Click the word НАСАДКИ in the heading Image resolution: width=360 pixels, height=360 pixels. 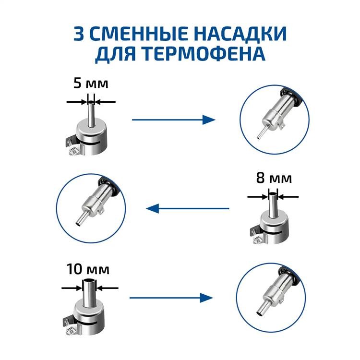click(x=241, y=34)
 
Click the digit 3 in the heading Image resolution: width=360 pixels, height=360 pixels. click(x=79, y=34)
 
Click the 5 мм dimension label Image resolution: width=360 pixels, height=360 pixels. click(x=91, y=83)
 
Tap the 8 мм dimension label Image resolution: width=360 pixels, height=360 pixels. click(x=274, y=178)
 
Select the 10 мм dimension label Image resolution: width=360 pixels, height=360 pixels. click(x=88, y=269)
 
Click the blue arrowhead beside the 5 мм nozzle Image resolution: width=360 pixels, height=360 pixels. click(x=209, y=120)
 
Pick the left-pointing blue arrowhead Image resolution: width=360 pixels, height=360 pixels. click(x=153, y=208)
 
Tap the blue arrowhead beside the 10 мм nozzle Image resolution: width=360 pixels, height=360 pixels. click(x=206, y=298)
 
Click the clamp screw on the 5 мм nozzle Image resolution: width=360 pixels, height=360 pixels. click(x=73, y=151)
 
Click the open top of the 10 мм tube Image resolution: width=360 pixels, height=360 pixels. click(x=89, y=281)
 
